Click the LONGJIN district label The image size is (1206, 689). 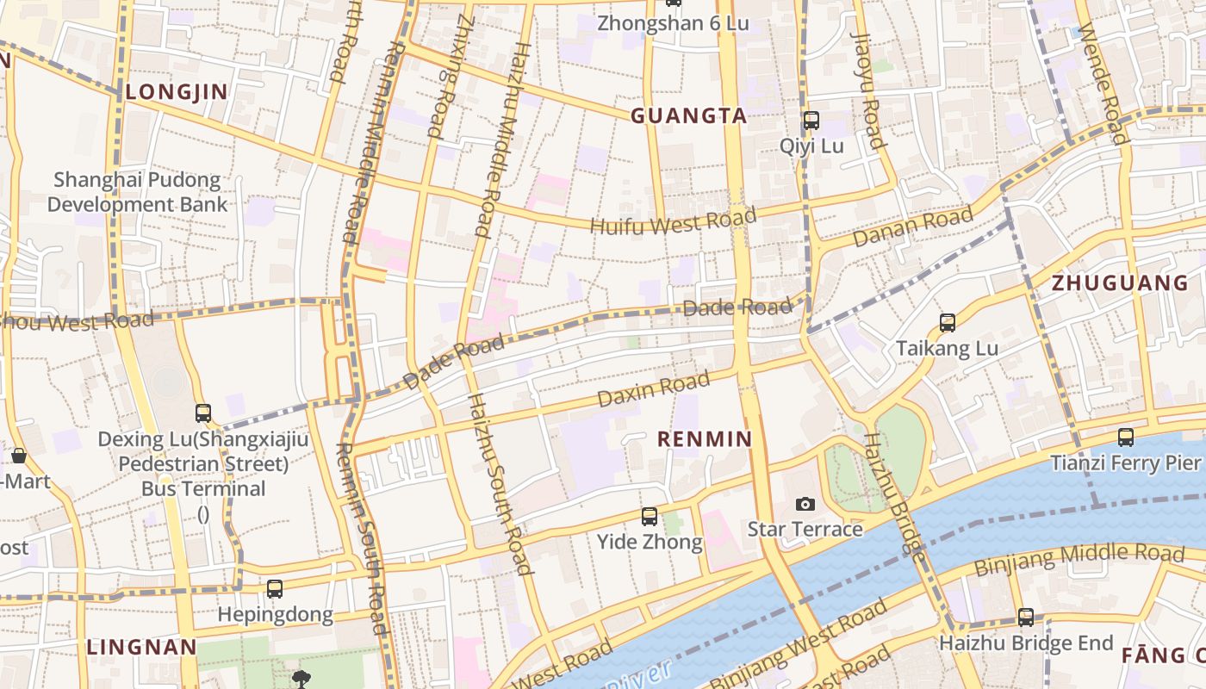tap(177, 92)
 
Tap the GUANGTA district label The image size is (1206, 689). tap(688, 116)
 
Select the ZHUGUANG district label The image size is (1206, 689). tap(1120, 282)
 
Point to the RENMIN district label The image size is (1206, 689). tap(705, 439)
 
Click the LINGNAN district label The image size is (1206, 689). tap(142, 647)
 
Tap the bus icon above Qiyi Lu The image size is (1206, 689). tap(811, 121)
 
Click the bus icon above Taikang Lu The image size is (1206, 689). tap(948, 323)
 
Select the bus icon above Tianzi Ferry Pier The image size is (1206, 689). tap(1125, 438)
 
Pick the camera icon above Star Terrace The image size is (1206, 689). tap(805, 504)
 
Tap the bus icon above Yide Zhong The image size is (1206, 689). tap(650, 517)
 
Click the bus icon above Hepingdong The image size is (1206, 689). tap(274, 589)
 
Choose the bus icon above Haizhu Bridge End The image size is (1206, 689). tap(1025, 618)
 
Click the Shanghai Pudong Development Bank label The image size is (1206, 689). tap(137, 192)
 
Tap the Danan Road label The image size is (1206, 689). tap(913, 227)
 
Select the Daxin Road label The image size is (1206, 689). tap(654, 388)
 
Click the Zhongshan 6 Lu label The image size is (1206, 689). tap(673, 23)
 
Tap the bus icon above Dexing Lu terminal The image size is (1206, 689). tap(203, 413)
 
